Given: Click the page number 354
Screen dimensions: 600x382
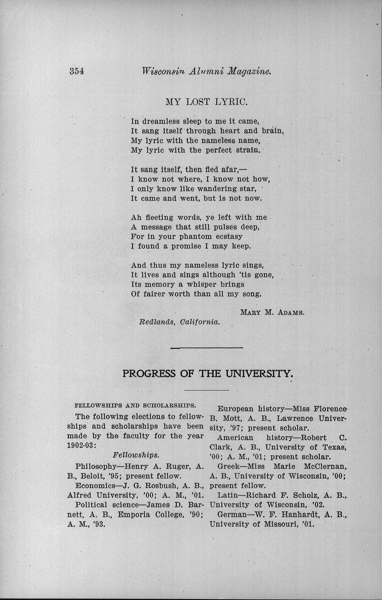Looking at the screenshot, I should tap(77, 72).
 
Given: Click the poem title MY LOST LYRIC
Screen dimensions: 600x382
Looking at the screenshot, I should tap(207, 102).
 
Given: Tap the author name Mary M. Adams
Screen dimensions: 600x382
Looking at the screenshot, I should tap(272, 312).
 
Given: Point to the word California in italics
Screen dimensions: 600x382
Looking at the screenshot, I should tap(200, 322).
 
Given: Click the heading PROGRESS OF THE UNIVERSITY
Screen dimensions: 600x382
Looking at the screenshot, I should tap(206, 373).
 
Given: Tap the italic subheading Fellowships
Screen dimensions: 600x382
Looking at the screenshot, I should tap(136, 455).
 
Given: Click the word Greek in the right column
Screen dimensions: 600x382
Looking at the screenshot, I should tap(228, 467).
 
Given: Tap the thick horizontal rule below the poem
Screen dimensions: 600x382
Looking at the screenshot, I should tap(207, 348).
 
